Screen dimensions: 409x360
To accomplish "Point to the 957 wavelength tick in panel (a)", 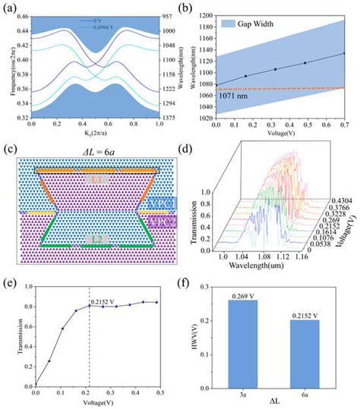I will click(168, 15).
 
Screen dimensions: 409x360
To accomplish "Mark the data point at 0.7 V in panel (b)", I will click(344, 53).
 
